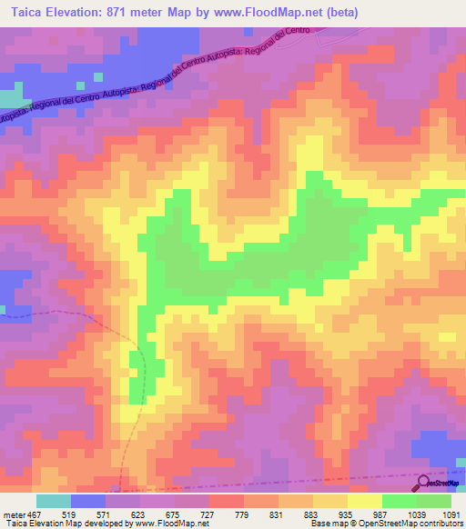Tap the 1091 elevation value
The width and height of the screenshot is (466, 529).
[452, 514]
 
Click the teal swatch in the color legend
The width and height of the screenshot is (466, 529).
[54, 501]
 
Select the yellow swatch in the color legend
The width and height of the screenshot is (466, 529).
[365, 501]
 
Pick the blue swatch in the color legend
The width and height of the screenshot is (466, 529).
[88, 501]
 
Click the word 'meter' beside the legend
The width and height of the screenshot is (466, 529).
[14, 514]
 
